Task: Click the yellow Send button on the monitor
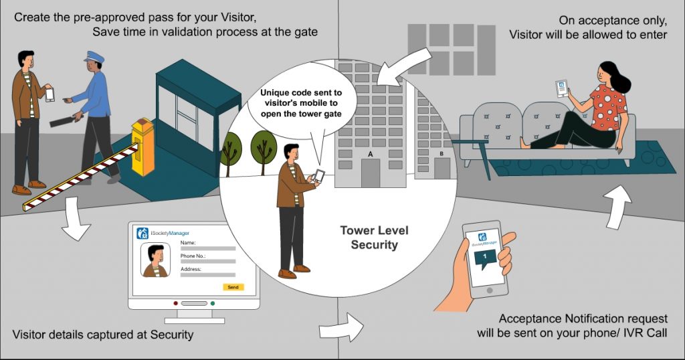tap(233, 286)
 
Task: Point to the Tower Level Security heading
tap(374, 238)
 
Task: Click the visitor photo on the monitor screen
tap(155, 260)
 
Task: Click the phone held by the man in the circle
tap(319, 175)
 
